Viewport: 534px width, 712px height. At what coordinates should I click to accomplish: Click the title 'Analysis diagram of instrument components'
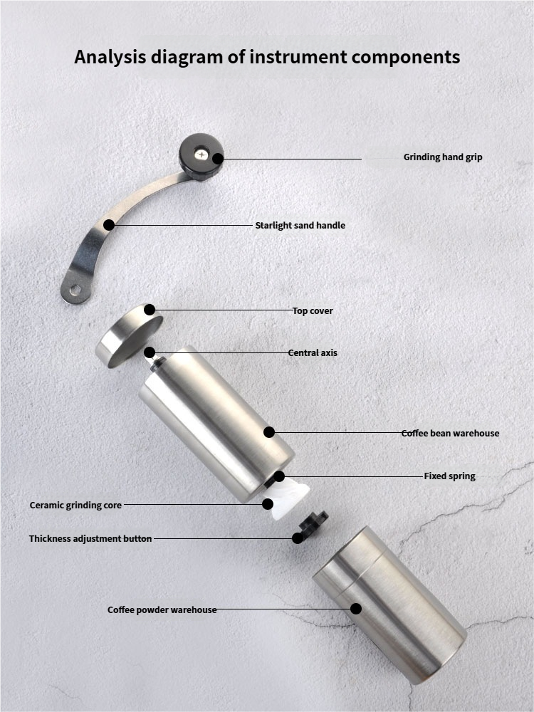267,57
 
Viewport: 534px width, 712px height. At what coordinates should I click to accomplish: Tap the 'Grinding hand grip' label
443,157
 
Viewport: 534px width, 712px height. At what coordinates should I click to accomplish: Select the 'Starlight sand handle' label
300,225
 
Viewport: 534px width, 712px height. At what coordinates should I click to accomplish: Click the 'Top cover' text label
313,311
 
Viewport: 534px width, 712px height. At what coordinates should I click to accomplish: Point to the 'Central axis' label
313,353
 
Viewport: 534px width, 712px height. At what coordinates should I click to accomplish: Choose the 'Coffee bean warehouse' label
450,433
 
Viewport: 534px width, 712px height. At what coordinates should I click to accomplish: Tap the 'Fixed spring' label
449,476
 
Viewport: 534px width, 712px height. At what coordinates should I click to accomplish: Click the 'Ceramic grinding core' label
75,506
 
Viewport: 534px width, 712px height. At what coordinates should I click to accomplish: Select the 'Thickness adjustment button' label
90,538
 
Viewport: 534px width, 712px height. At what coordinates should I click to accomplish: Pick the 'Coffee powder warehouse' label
162,610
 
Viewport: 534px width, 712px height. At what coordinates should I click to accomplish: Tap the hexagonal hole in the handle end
75,289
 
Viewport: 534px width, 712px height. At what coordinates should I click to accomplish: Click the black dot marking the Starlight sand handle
109,225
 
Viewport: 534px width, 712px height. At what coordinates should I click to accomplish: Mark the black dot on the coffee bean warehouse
269,432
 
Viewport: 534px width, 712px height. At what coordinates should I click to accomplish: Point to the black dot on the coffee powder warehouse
356,609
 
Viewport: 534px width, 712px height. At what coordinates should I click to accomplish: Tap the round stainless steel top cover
129,335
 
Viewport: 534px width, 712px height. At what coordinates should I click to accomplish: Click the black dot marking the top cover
150,310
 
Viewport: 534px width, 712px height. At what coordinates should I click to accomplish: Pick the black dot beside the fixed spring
279,476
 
